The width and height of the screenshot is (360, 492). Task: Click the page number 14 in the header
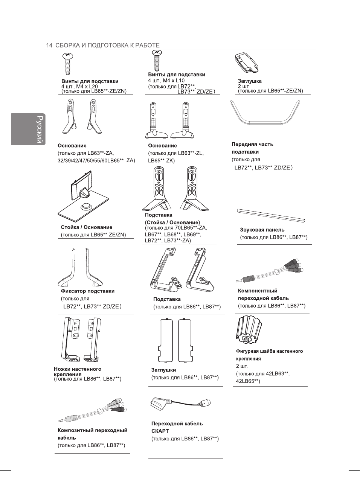(x=49, y=45)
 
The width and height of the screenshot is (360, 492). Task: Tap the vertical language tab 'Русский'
(x=39, y=129)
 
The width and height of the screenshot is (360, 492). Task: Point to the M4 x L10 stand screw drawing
(x=156, y=60)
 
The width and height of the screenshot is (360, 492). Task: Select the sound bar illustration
(x=271, y=215)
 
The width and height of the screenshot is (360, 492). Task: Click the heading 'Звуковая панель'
(x=262, y=230)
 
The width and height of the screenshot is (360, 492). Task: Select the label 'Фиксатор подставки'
(x=87, y=291)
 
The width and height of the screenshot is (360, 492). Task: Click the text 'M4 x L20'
(x=87, y=86)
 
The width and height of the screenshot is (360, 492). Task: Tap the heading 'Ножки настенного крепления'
(x=77, y=372)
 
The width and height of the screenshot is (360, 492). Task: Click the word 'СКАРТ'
(x=160, y=431)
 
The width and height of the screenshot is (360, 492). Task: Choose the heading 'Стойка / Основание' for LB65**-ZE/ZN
(x=87, y=227)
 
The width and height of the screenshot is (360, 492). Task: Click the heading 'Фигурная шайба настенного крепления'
(x=269, y=355)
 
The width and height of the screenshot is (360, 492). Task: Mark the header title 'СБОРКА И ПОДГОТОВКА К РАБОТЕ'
(x=107, y=45)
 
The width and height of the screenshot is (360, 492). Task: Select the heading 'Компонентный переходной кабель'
(x=263, y=294)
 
